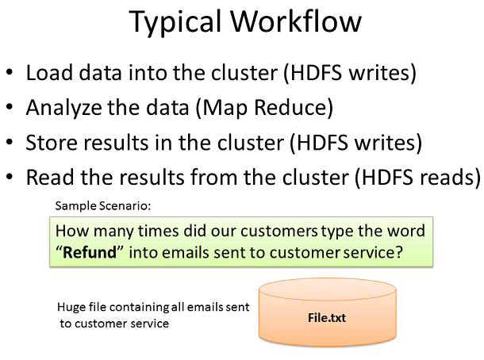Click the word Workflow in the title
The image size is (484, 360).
[x=296, y=21]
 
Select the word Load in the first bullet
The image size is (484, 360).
[x=48, y=73]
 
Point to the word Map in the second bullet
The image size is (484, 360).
[x=221, y=109]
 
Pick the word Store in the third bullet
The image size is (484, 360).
[x=52, y=143]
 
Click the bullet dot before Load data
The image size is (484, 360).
[x=10, y=72]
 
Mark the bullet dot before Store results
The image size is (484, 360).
[x=10, y=142]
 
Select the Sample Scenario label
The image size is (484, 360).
[x=103, y=205]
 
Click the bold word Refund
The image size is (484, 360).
[x=90, y=252]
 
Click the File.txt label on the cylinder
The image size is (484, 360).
[x=327, y=318]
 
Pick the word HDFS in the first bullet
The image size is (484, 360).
[x=316, y=73]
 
